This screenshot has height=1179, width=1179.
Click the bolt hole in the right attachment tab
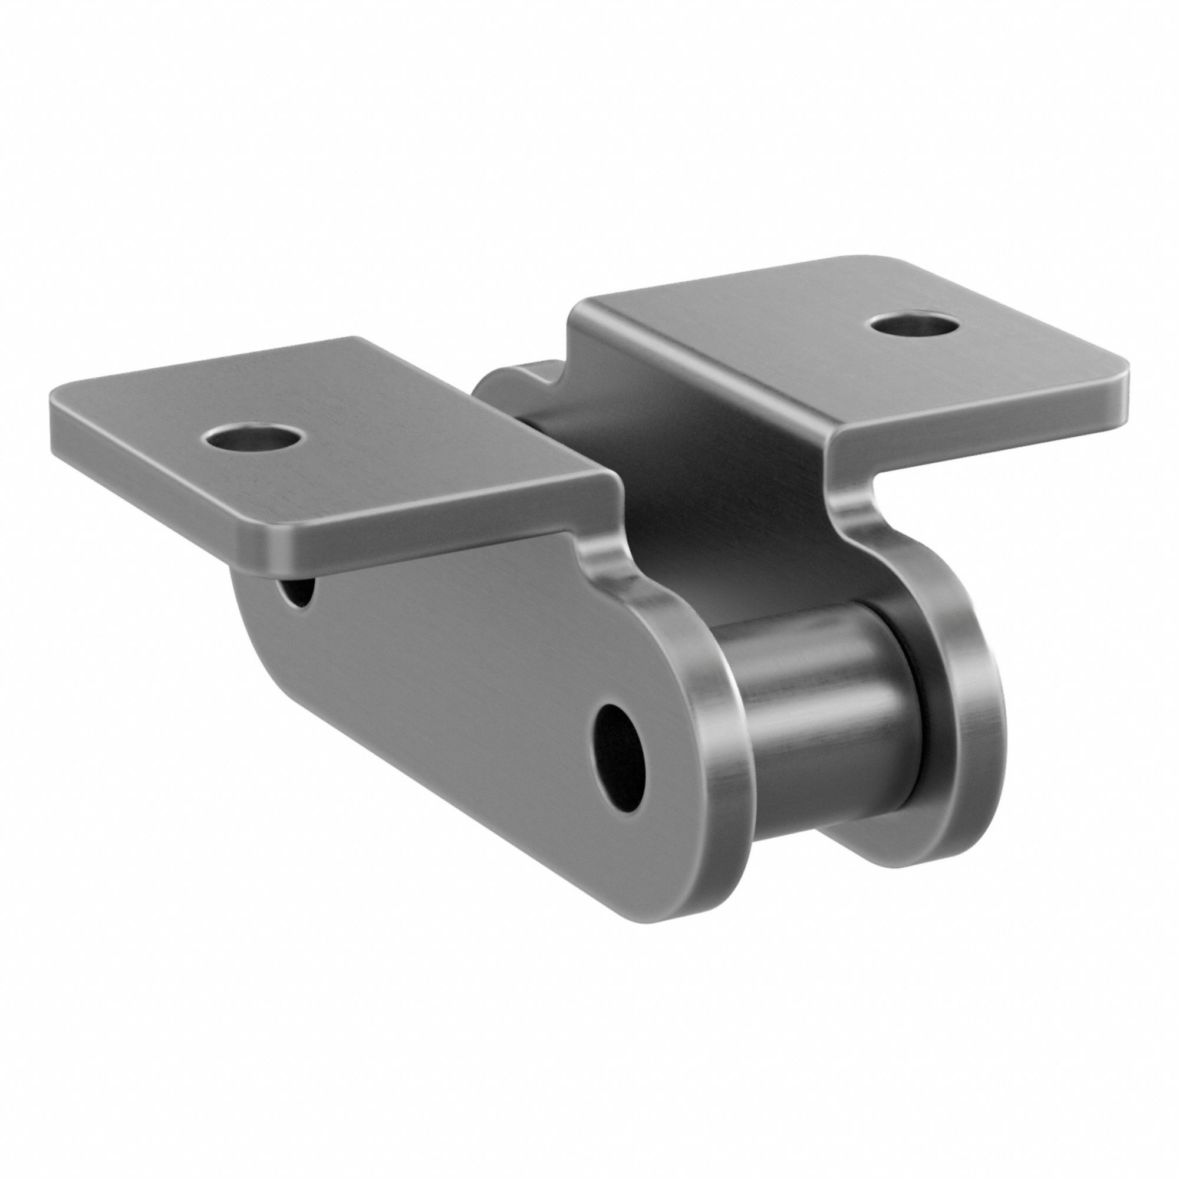tap(912, 324)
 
